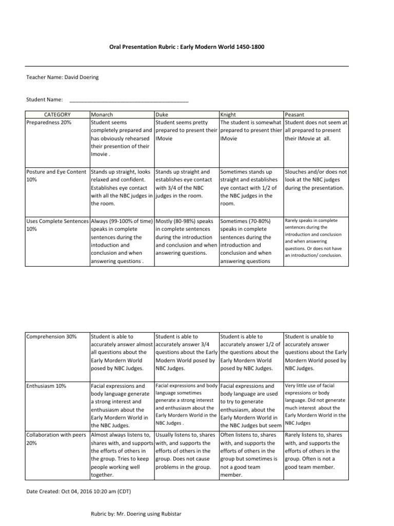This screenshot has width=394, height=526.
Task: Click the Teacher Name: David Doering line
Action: click(x=63, y=78)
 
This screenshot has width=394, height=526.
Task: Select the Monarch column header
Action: click(x=102, y=115)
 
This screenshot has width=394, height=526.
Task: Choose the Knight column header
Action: click(x=228, y=115)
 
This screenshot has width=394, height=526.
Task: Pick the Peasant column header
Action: click(x=296, y=115)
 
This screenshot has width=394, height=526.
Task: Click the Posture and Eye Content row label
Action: click(x=57, y=175)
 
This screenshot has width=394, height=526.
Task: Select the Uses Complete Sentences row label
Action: click(x=57, y=224)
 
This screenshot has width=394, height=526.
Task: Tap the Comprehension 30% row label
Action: click(x=51, y=336)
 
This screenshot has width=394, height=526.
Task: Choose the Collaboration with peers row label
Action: click(x=57, y=439)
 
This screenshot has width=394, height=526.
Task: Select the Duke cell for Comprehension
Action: click(x=186, y=352)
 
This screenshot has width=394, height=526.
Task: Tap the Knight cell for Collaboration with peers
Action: click(x=250, y=455)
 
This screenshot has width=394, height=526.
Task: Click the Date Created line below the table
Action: click(x=78, y=492)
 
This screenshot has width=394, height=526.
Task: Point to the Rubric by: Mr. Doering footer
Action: click(x=136, y=514)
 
